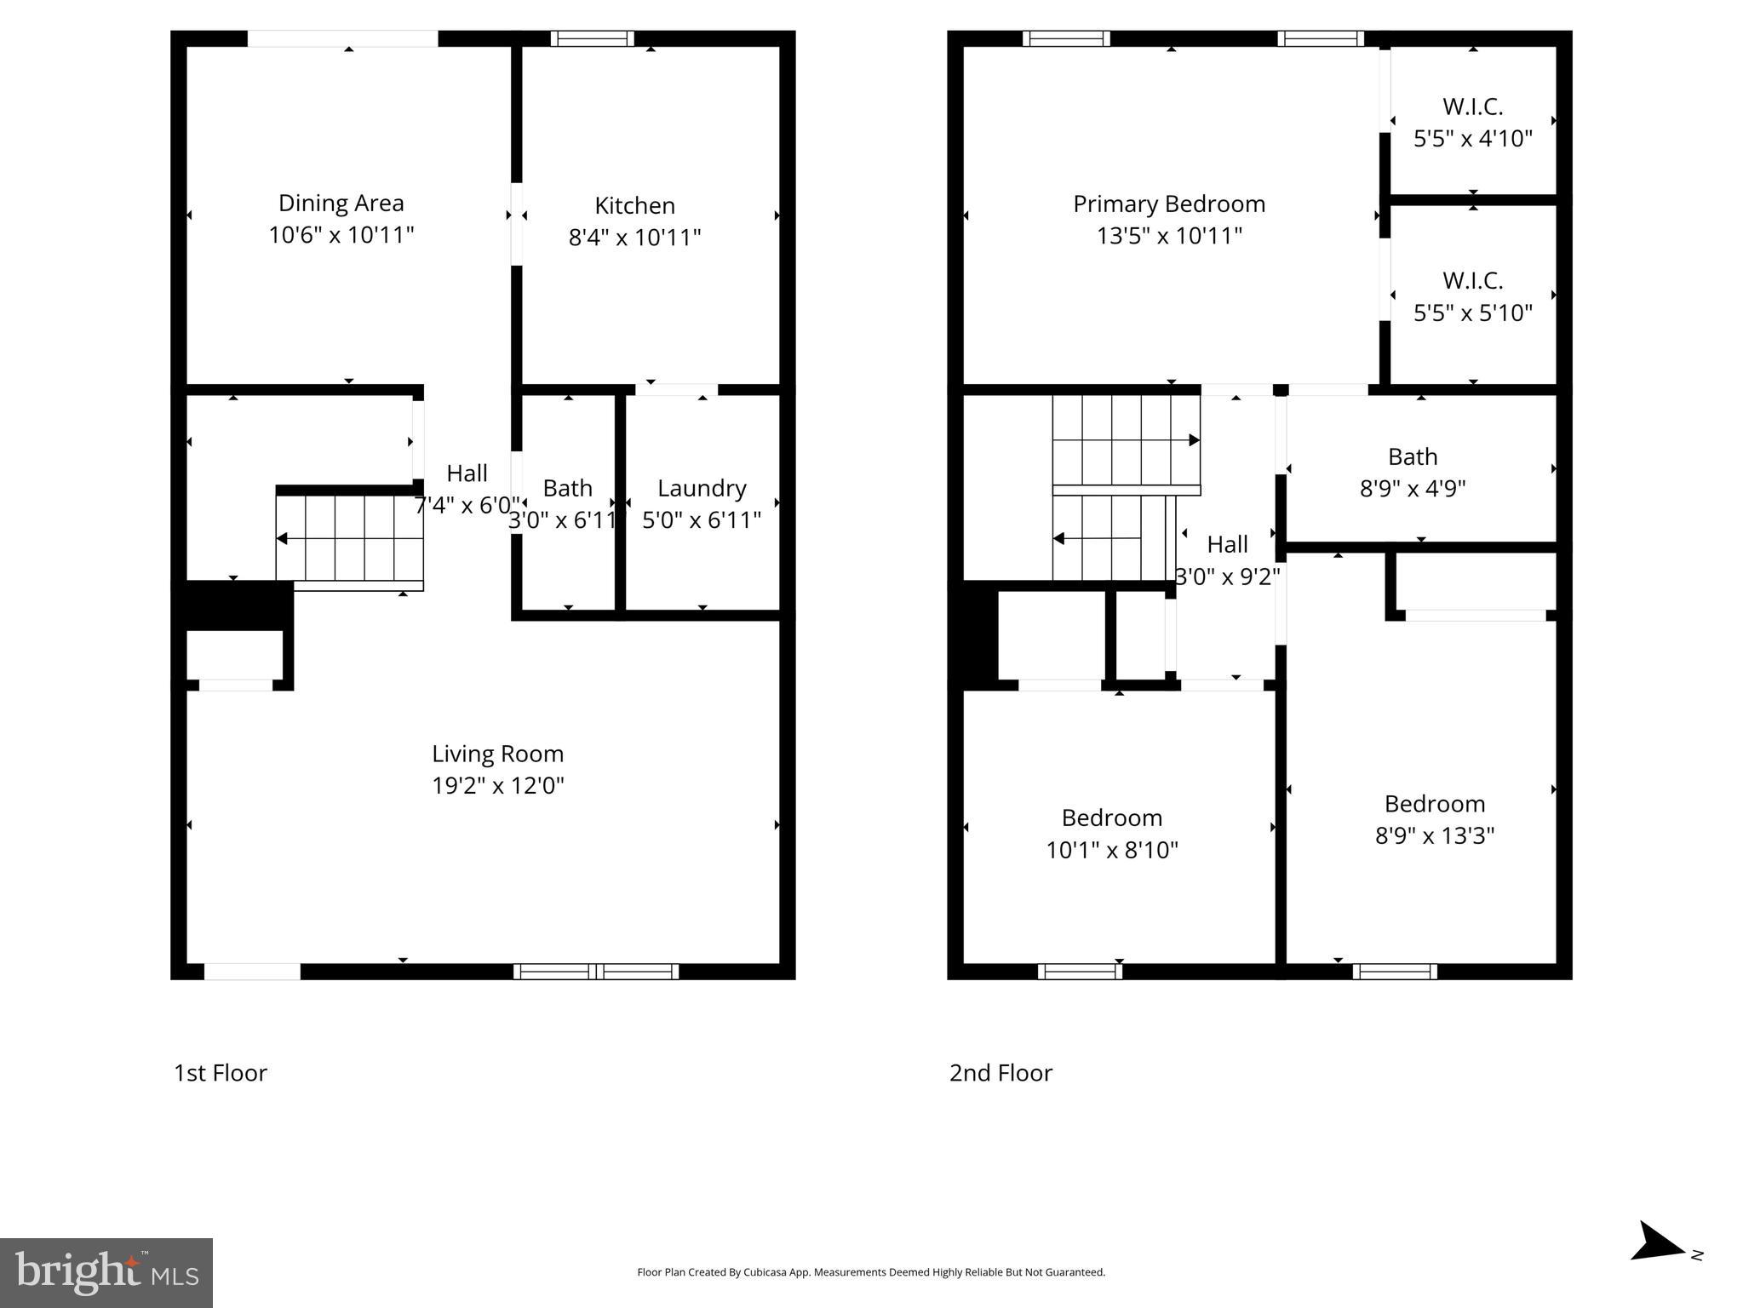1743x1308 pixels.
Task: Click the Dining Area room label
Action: pos(341,204)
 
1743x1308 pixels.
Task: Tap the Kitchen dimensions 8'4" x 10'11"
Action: pos(634,238)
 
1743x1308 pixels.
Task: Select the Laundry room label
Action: pos(702,489)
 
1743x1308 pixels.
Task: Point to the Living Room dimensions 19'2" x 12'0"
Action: pos(498,786)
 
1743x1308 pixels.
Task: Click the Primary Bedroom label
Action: pos(1169,204)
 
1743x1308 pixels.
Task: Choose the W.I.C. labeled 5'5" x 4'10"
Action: pos(1472,123)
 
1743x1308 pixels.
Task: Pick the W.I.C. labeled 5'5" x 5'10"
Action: pos(1472,296)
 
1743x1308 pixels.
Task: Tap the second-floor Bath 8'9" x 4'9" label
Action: pos(1413,473)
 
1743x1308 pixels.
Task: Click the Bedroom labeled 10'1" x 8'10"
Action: pos(1111,834)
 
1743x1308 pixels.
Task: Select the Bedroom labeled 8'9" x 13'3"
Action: pos(1435,819)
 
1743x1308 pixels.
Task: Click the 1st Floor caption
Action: pos(221,1073)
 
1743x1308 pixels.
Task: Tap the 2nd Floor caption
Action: pos(1001,1073)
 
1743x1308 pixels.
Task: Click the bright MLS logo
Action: pos(106,1272)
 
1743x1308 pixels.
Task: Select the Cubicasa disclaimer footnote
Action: pos(871,1272)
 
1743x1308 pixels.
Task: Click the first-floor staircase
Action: pos(349,538)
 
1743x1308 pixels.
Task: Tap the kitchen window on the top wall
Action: pos(592,38)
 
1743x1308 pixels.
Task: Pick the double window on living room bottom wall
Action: pos(596,972)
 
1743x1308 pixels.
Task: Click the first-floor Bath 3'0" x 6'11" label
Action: pos(567,503)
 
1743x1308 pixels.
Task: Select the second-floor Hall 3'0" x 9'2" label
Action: pos(1227,560)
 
